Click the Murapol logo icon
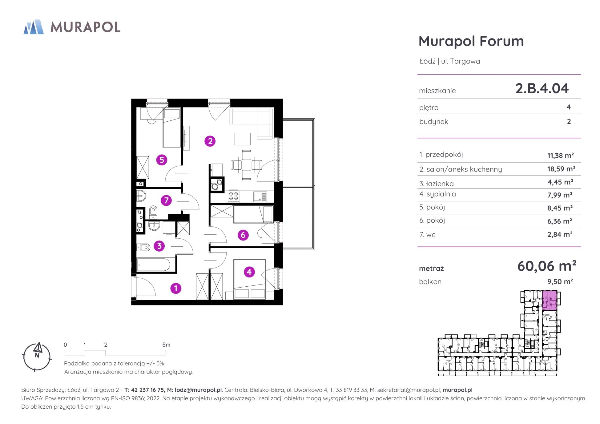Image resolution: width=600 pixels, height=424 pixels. point(34,27)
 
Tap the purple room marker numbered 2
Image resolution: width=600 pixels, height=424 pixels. point(210,141)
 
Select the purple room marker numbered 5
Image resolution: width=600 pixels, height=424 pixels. point(162,160)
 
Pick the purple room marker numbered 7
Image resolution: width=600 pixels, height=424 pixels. point(166,201)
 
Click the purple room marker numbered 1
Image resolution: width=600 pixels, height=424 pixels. point(176,288)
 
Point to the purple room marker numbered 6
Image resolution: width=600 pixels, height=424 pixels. point(243,235)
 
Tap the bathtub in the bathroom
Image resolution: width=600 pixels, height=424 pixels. point(153,265)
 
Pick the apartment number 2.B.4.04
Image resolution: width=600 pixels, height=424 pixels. point(542,88)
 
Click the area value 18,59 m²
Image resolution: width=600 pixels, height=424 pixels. point(561,169)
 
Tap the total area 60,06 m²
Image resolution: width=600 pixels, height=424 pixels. point(547,266)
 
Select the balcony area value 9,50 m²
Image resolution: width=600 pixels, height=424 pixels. point(560,281)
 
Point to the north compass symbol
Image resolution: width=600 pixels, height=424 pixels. point(37,356)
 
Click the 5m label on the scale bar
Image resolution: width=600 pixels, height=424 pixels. point(166,345)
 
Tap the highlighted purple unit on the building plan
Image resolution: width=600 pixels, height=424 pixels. point(550,300)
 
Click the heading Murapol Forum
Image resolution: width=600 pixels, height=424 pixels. point(471,41)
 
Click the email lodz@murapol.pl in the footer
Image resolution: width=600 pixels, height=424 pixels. point(198,390)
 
